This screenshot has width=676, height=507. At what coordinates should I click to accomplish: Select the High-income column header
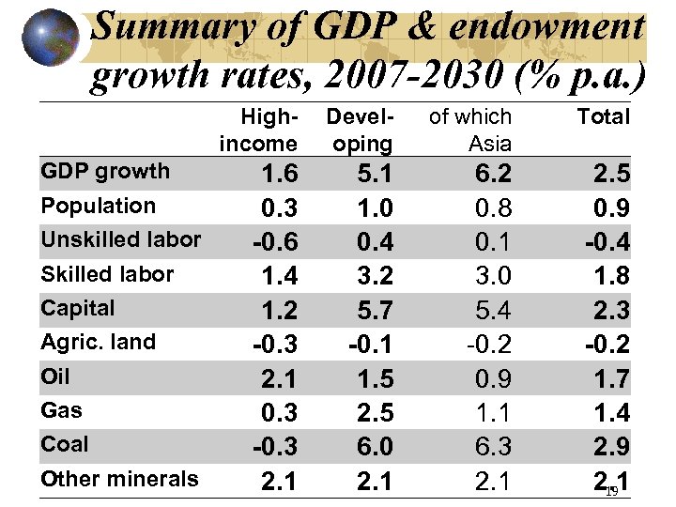click(256, 131)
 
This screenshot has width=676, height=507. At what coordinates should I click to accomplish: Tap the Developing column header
click(362, 131)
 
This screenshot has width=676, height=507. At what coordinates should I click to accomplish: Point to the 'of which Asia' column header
click(470, 131)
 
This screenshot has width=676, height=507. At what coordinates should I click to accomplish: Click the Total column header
click(604, 117)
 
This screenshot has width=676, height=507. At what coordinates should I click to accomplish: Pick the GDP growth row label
click(105, 172)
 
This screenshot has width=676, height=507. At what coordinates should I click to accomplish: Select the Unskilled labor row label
click(120, 239)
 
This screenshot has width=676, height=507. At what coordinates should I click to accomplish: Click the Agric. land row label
click(98, 343)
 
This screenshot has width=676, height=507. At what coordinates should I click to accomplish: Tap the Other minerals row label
click(119, 479)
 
